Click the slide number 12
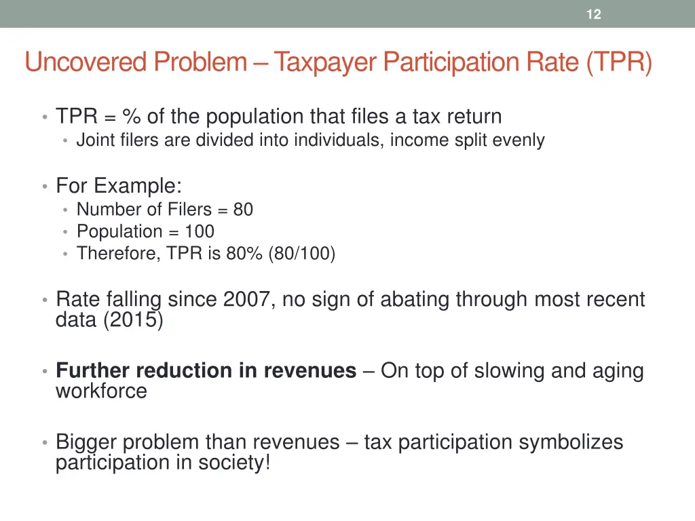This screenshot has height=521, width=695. point(593,14)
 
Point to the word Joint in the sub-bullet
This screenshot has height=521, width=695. point(92,140)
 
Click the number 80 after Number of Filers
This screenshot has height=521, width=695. point(243,210)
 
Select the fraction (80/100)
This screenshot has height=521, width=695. point(301,254)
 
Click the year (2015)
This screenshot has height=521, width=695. point(133,320)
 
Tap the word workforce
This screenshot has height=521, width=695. point(101,391)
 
